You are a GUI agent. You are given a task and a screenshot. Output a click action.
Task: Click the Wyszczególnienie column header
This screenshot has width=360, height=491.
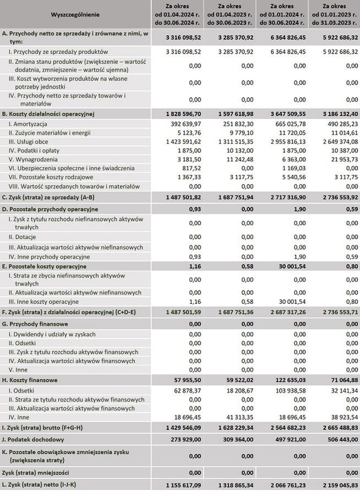point(75,13)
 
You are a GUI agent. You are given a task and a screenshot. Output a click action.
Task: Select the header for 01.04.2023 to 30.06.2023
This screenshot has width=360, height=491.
point(228,13)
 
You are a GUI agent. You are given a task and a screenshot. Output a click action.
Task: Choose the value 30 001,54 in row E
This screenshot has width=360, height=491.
point(290,266)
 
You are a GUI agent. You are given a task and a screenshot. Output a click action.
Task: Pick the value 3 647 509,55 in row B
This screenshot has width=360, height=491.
point(284,113)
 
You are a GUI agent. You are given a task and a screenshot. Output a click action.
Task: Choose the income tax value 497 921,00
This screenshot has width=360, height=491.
point(288,439)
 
